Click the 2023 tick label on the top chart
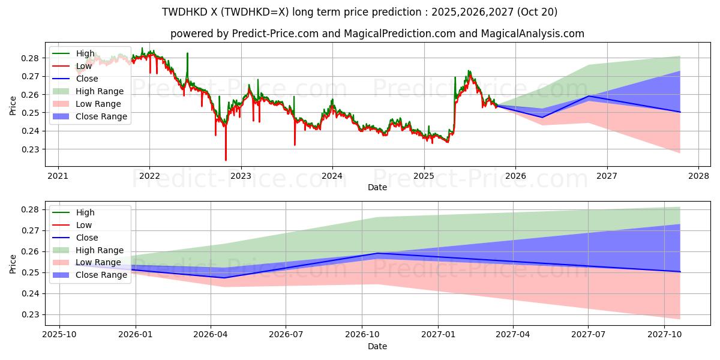pyautogui.click(x=241, y=176)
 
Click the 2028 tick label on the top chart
pyautogui.click(x=698, y=176)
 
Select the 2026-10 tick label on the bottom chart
pyautogui.click(x=362, y=335)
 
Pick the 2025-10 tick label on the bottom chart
pyautogui.click(x=59, y=335)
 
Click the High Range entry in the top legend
pyautogui.click(x=99, y=91)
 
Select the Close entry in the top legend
pyautogui.click(x=87, y=79)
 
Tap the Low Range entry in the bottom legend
pyautogui.click(x=98, y=263)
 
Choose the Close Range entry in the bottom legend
pyautogui.click(x=101, y=275)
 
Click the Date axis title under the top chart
pyautogui.click(x=377, y=187)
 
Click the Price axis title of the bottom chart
pyautogui.click(x=13, y=263)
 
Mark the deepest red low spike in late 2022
pyautogui.click(x=226, y=160)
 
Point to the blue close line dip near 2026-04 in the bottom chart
pyautogui.click(x=224, y=277)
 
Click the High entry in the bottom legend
pyautogui.click(x=85, y=212)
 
